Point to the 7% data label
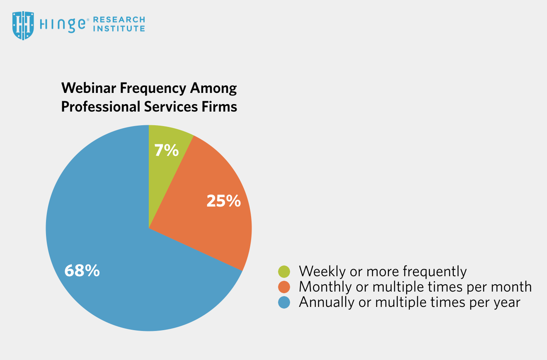167,150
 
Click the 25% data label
224,201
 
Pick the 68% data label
82,270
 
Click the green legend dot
284,272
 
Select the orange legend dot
284,287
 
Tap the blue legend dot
284,302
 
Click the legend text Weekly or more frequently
382,272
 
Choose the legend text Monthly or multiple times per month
415,287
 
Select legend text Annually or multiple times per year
409,302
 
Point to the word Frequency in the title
153,89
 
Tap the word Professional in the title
100,107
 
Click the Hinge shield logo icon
23,25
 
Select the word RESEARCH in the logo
119,19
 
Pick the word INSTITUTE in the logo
119,29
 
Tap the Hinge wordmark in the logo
63,25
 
